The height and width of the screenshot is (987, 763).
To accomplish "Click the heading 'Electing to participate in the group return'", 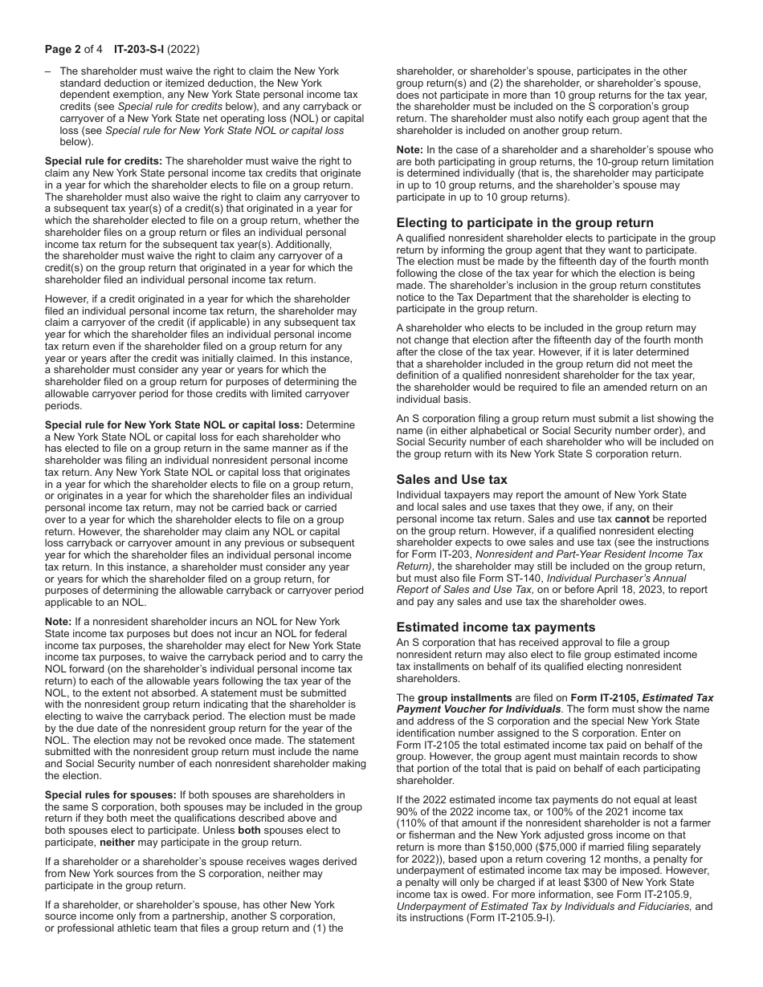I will (x=524, y=223).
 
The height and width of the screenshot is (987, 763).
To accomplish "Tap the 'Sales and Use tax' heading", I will (x=451, y=479).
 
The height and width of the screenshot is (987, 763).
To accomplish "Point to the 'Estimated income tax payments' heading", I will (x=496, y=627).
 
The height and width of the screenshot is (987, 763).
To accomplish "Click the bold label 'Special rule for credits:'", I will (x=103, y=161).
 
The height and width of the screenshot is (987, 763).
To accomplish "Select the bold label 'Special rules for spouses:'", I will (x=110, y=794).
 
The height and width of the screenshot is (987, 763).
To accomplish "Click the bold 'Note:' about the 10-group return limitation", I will (x=411, y=150).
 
